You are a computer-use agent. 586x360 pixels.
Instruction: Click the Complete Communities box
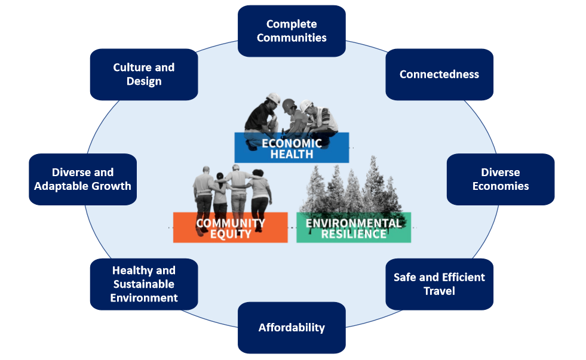point(292,31)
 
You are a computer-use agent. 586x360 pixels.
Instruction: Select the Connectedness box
point(440,74)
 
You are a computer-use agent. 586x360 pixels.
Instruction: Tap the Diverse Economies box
point(501,179)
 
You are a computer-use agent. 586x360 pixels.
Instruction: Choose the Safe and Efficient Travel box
point(440,284)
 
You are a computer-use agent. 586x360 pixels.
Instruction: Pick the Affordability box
point(292,328)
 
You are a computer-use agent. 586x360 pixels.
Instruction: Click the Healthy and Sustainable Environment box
point(144,284)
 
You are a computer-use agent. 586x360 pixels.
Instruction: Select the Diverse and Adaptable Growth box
point(82,179)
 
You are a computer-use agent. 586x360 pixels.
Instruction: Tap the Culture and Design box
point(144,74)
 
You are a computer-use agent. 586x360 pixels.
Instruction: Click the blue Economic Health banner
point(292,147)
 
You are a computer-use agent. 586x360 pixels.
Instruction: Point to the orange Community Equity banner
point(230,227)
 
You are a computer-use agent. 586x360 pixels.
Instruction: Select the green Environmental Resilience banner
point(354,227)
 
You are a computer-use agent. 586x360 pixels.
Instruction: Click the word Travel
point(440,291)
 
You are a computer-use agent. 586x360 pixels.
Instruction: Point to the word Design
point(144,81)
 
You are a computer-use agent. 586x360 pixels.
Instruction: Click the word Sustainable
point(144,284)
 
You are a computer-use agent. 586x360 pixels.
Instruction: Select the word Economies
point(501,186)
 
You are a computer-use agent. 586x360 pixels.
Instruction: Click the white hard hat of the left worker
point(274,99)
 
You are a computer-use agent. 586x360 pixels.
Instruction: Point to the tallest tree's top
point(373,157)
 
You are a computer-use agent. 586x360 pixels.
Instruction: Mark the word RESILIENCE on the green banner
point(354,234)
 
